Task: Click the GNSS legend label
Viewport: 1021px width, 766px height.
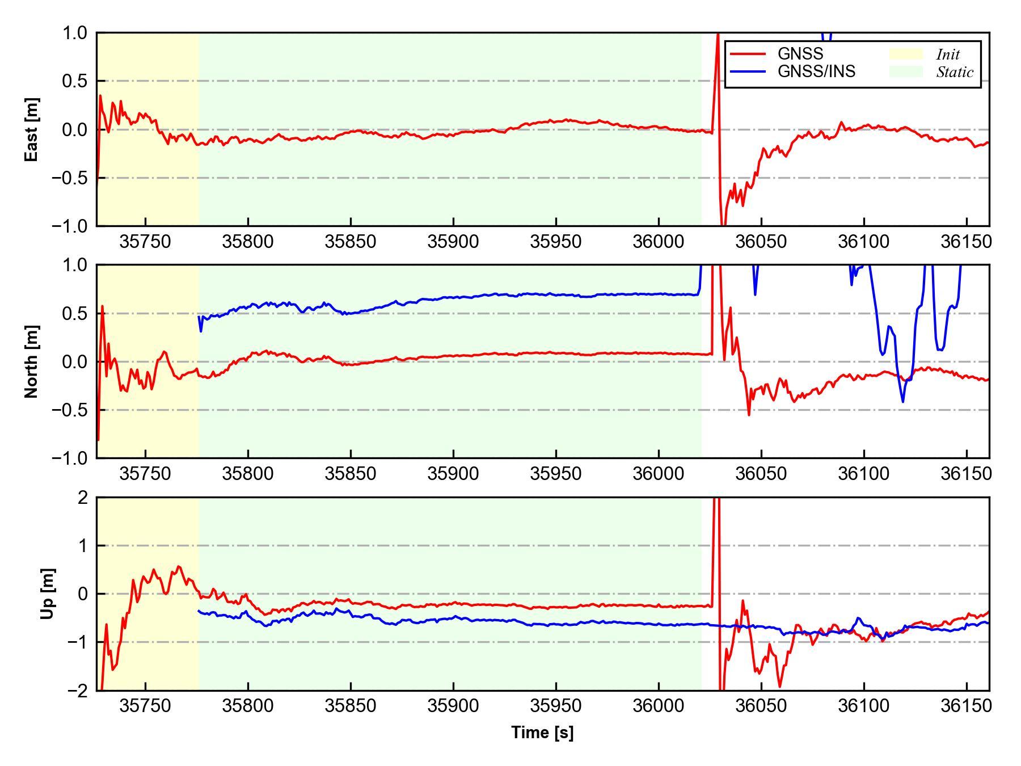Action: pyautogui.click(x=800, y=54)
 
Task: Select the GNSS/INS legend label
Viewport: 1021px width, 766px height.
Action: pyautogui.click(x=816, y=71)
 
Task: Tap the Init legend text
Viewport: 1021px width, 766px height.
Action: pyautogui.click(x=948, y=54)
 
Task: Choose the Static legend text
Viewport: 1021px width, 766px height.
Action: pyautogui.click(x=955, y=72)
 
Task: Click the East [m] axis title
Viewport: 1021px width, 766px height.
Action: pyautogui.click(x=32, y=129)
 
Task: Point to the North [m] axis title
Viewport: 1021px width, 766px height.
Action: pyautogui.click(x=32, y=361)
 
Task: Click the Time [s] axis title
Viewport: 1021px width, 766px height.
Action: pyautogui.click(x=542, y=733)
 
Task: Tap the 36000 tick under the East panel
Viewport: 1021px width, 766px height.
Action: pyautogui.click(x=659, y=242)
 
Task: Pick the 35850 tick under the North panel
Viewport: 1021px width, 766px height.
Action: pyautogui.click(x=351, y=473)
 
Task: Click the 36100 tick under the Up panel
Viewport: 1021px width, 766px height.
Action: pyautogui.click(x=864, y=706)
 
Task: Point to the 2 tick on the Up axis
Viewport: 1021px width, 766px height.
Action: pyautogui.click(x=83, y=498)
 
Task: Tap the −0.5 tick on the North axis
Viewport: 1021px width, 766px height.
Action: pyautogui.click(x=70, y=410)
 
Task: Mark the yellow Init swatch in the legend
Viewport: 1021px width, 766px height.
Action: pyautogui.click(x=905, y=54)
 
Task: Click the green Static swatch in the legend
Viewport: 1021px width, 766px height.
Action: pyautogui.click(x=905, y=71)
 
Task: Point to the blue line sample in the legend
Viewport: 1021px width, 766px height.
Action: pyautogui.click(x=748, y=71)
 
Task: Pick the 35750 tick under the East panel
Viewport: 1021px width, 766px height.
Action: pyautogui.click(x=145, y=242)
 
